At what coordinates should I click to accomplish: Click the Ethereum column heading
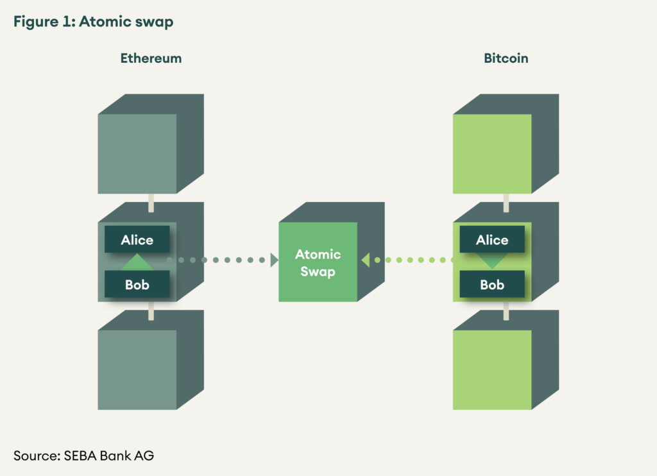coord(151,58)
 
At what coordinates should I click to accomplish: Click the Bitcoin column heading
coord(506,58)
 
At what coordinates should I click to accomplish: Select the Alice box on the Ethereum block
coord(137,240)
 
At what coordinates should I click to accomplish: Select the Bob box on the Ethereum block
coord(137,284)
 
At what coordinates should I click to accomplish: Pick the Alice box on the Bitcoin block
coord(492,240)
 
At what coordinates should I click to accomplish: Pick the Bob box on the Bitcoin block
coord(492,284)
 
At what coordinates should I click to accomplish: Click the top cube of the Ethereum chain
coord(137,153)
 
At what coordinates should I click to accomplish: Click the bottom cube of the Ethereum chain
coord(137,370)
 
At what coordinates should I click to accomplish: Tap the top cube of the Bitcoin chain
coord(492,153)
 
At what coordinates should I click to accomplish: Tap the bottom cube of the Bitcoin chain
coord(492,370)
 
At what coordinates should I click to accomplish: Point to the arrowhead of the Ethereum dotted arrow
coord(274,260)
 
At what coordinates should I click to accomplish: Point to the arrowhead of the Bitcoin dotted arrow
coord(365,260)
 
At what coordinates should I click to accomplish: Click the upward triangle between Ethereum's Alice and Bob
coord(137,262)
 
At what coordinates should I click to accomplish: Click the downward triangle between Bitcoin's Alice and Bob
coord(492,260)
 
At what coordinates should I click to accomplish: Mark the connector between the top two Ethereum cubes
coord(151,202)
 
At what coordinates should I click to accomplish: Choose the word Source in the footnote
coord(35,455)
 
